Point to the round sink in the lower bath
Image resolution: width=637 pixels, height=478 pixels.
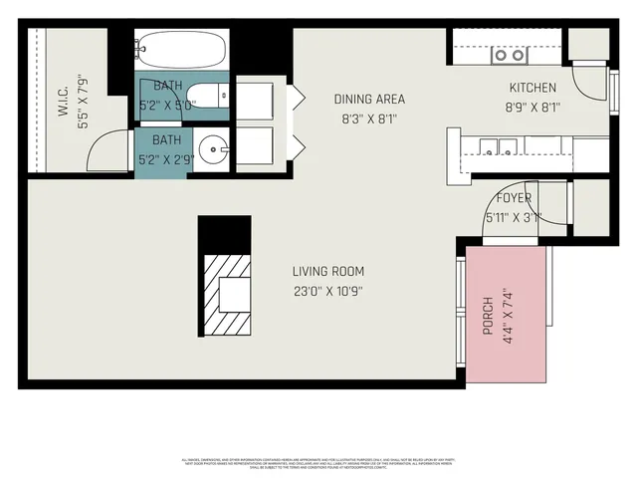211,152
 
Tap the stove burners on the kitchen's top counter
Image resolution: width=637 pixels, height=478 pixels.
505,56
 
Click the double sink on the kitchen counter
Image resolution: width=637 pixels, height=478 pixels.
496,148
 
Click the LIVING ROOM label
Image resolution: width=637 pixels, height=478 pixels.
327,271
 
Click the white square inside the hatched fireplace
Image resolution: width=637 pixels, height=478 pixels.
235,293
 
